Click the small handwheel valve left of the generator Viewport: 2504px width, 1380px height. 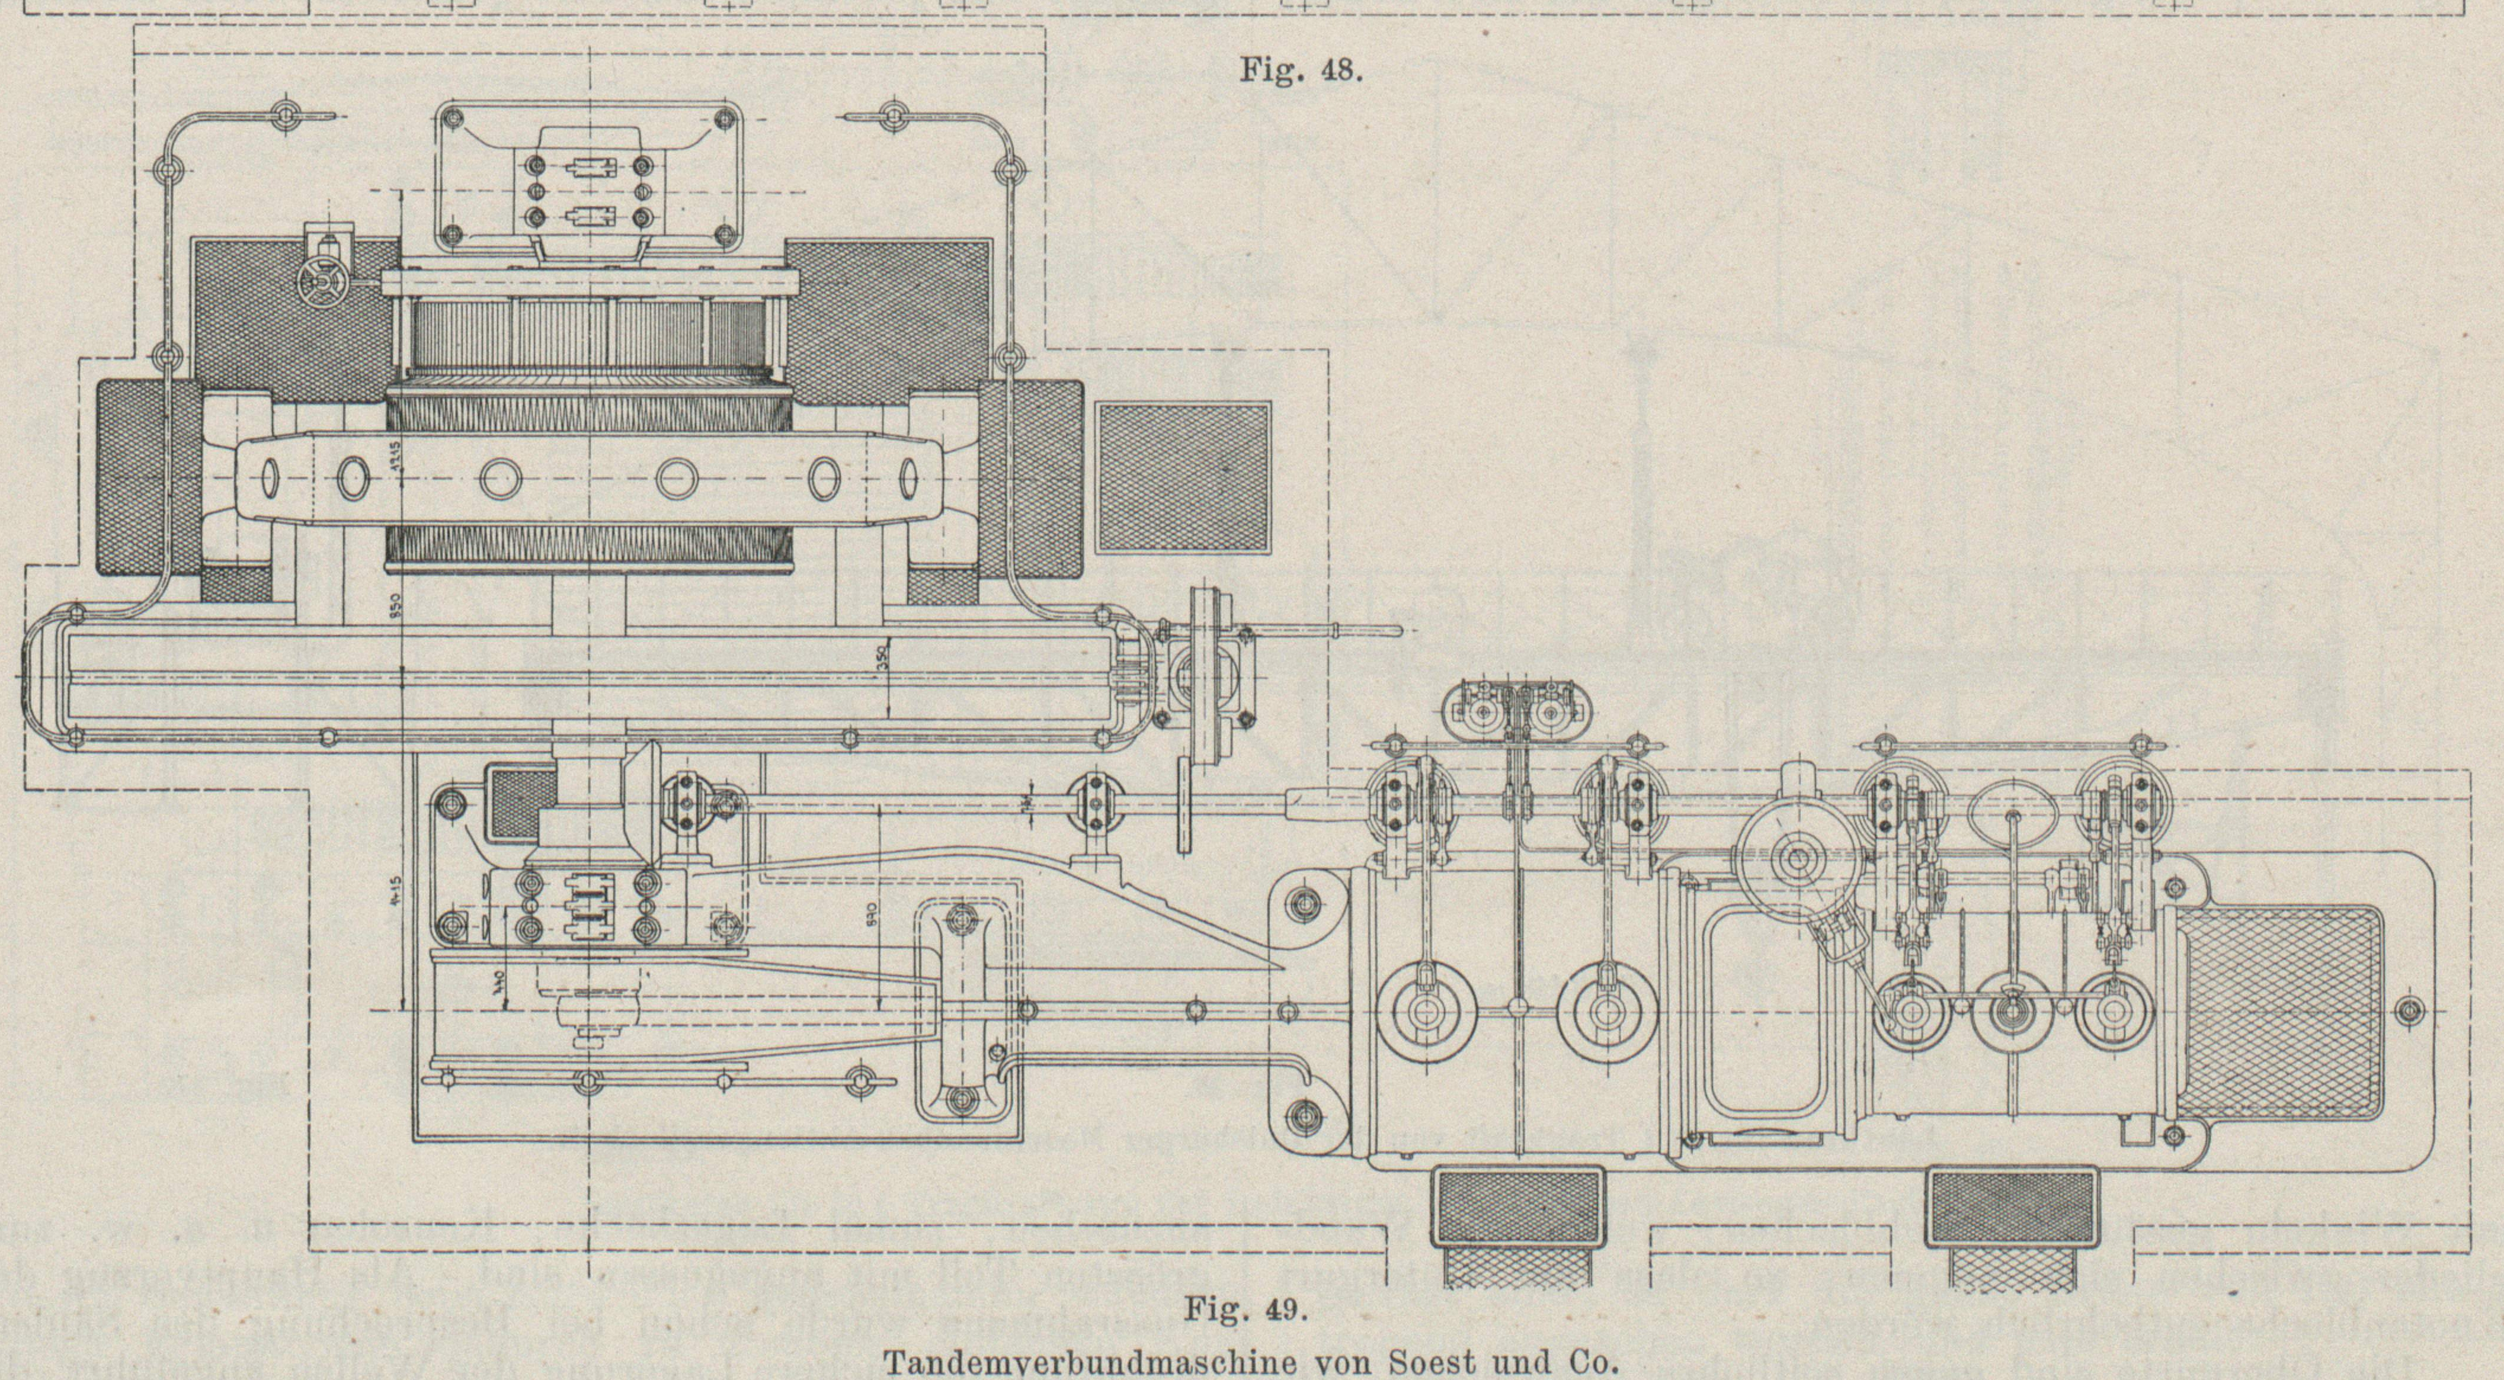point(318,283)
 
